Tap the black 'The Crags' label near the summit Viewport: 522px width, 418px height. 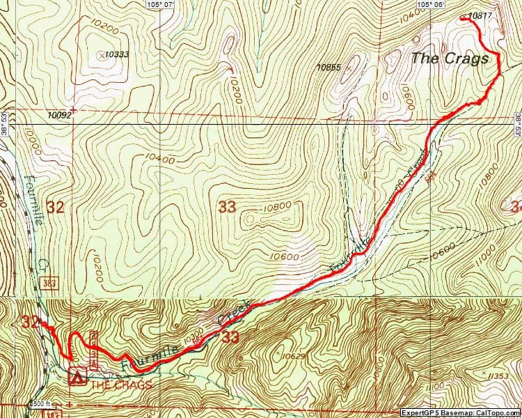(x=449, y=59)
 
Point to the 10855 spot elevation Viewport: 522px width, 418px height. (x=328, y=68)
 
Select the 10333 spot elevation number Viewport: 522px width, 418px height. (x=116, y=54)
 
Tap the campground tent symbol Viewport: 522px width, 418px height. (x=76, y=378)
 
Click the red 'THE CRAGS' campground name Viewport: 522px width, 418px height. (x=121, y=385)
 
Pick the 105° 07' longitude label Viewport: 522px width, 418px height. (x=159, y=4)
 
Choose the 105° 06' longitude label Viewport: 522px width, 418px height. (x=432, y=4)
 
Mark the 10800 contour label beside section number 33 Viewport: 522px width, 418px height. (x=276, y=207)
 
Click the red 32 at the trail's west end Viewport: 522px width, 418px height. (x=30, y=322)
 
